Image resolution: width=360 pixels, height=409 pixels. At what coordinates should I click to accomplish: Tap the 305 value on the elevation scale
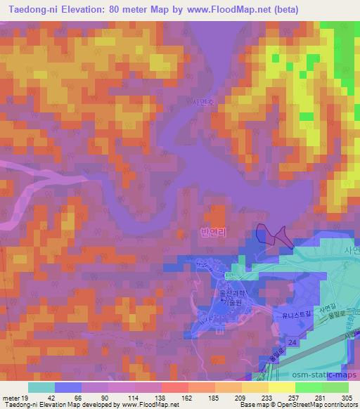347,397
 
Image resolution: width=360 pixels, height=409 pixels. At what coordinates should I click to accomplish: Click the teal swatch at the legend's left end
41,387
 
